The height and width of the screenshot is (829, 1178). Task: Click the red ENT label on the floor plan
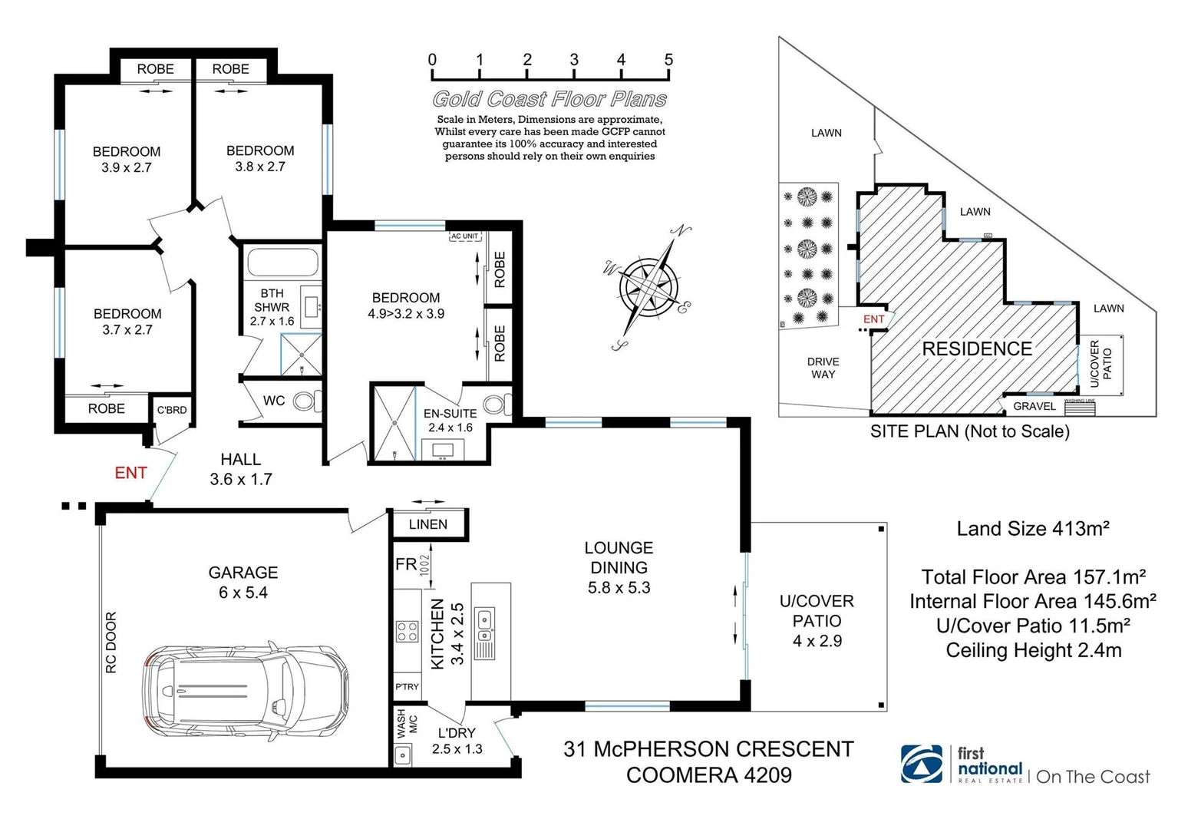pyautogui.click(x=130, y=473)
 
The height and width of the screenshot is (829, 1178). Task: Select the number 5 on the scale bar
pyautogui.click(x=668, y=60)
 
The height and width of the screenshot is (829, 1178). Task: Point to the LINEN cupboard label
pyautogui.click(x=427, y=524)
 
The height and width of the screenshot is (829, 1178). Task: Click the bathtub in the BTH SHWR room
pyautogui.click(x=282, y=263)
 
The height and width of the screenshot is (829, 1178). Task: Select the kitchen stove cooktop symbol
pyautogui.click(x=407, y=631)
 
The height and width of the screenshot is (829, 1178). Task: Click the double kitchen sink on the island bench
pyautogui.click(x=485, y=625)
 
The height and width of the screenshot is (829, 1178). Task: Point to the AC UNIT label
pyautogui.click(x=464, y=236)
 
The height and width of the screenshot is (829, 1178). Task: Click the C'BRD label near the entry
pyautogui.click(x=172, y=410)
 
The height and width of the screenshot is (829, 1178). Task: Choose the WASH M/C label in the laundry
pyautogui.click(x=406, y=724)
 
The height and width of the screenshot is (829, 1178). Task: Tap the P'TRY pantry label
pyautogui.click(x=407, y=686)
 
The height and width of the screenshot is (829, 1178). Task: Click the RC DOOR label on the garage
pyautogui.click(x=112, y=642)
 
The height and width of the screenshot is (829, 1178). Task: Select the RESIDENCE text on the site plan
pyautogui.click(x=976, y=349)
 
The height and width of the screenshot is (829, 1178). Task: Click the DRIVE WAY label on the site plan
pyautogui.click(x=823, y=368)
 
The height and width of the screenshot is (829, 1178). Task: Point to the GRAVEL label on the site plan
pyautogui.click(x=1034, y=406)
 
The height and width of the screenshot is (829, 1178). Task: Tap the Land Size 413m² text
pyautogui.click(x=1032, y=529)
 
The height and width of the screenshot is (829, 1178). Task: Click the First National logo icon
pyautogui.click(x=922, y=764)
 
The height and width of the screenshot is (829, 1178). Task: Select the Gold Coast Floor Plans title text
pyautogui.click(x=549, y=99)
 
